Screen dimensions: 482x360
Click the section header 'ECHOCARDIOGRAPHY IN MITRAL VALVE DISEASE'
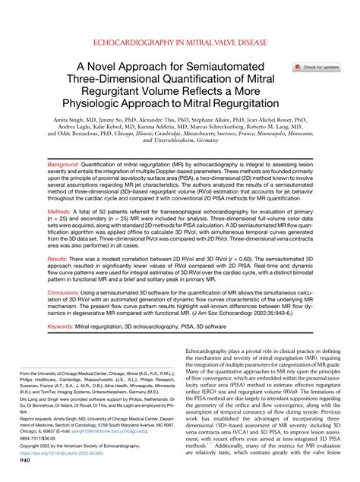[179, 45]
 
